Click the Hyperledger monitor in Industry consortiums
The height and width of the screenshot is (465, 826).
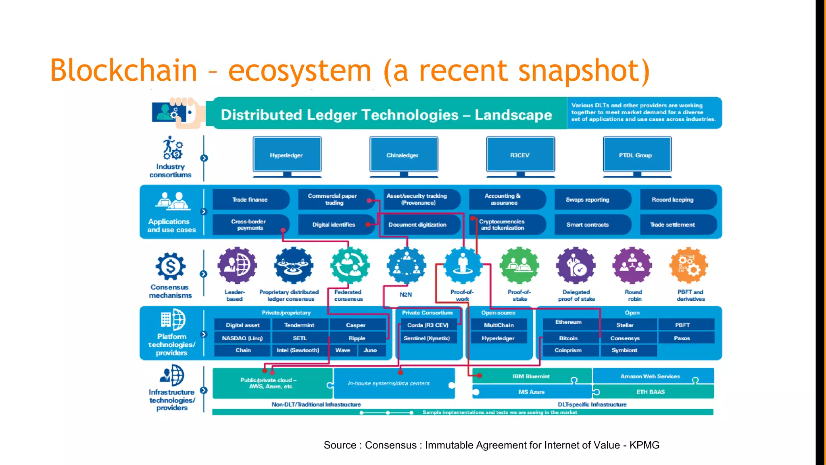pyautogui.click(x=287, y=155)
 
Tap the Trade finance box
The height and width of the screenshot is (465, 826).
pyautogui.click(x=250, y=199)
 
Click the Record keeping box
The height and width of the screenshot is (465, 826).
pyautogui.click(x=673, y=199)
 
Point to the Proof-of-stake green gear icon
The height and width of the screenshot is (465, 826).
pyautogui.click(x=519, y=266)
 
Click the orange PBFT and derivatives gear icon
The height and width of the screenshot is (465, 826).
pyautogui.click(x=688, y=266)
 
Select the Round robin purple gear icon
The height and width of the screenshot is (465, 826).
pyautogui.click(x=632, y=266)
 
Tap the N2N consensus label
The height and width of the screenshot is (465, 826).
pyautogui.click(x=406, y=295)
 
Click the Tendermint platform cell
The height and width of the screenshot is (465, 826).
pyautogui.click(x=299, y=325)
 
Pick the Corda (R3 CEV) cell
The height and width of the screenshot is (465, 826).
pyautogui.click(x=428, y=325)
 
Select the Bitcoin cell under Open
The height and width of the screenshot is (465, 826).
pyautogui.click(x=568, y=338)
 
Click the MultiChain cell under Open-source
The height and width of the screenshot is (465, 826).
pyautogui.click(x=499, y=325)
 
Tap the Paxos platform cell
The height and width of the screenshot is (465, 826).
pyautogui.click(x=682, y=338)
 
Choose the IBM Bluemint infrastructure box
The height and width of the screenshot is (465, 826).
pyautogui.click(x=531, y=376)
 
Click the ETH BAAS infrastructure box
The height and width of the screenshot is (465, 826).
pyautogui.click(x=651, y=392)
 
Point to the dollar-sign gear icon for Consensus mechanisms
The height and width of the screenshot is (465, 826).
pyautogui.click(x=171, y=266)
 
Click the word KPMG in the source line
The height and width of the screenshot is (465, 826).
pyautogui.click(x=644, y=445)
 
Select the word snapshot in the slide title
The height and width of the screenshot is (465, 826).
pyautogui.click(x=584, y=71)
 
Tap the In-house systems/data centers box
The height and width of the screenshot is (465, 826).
pyautogui.click(x=389, y=383)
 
